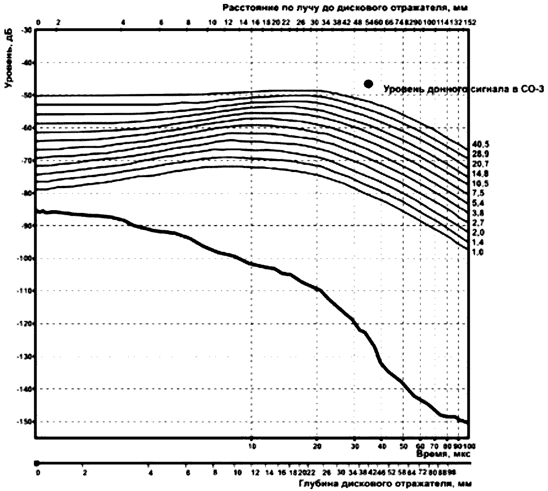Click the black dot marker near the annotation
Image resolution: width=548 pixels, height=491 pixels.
click(368, 84)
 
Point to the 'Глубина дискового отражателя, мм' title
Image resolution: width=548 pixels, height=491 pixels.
click(385, 484)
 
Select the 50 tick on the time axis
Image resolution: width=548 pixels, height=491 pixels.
click(403, 446)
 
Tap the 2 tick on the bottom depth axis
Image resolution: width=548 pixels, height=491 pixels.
click(85, 473)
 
